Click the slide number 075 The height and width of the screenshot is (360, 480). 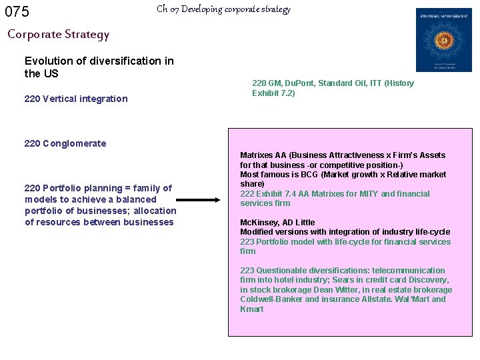point(17,11)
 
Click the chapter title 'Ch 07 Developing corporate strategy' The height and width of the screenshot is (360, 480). point(223,9)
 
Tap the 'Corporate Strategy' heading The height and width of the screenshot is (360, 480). point(58,34)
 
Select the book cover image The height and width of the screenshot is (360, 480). point(443,40)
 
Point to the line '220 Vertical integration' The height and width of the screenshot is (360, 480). point(75,99)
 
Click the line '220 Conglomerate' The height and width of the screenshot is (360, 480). point(65,143)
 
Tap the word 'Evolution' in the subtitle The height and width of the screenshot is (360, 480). point(47,61)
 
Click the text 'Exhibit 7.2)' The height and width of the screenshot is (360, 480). point(273,93)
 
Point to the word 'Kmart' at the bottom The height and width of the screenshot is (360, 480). point(252,309)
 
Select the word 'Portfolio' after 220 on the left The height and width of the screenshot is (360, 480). point(63,188)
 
